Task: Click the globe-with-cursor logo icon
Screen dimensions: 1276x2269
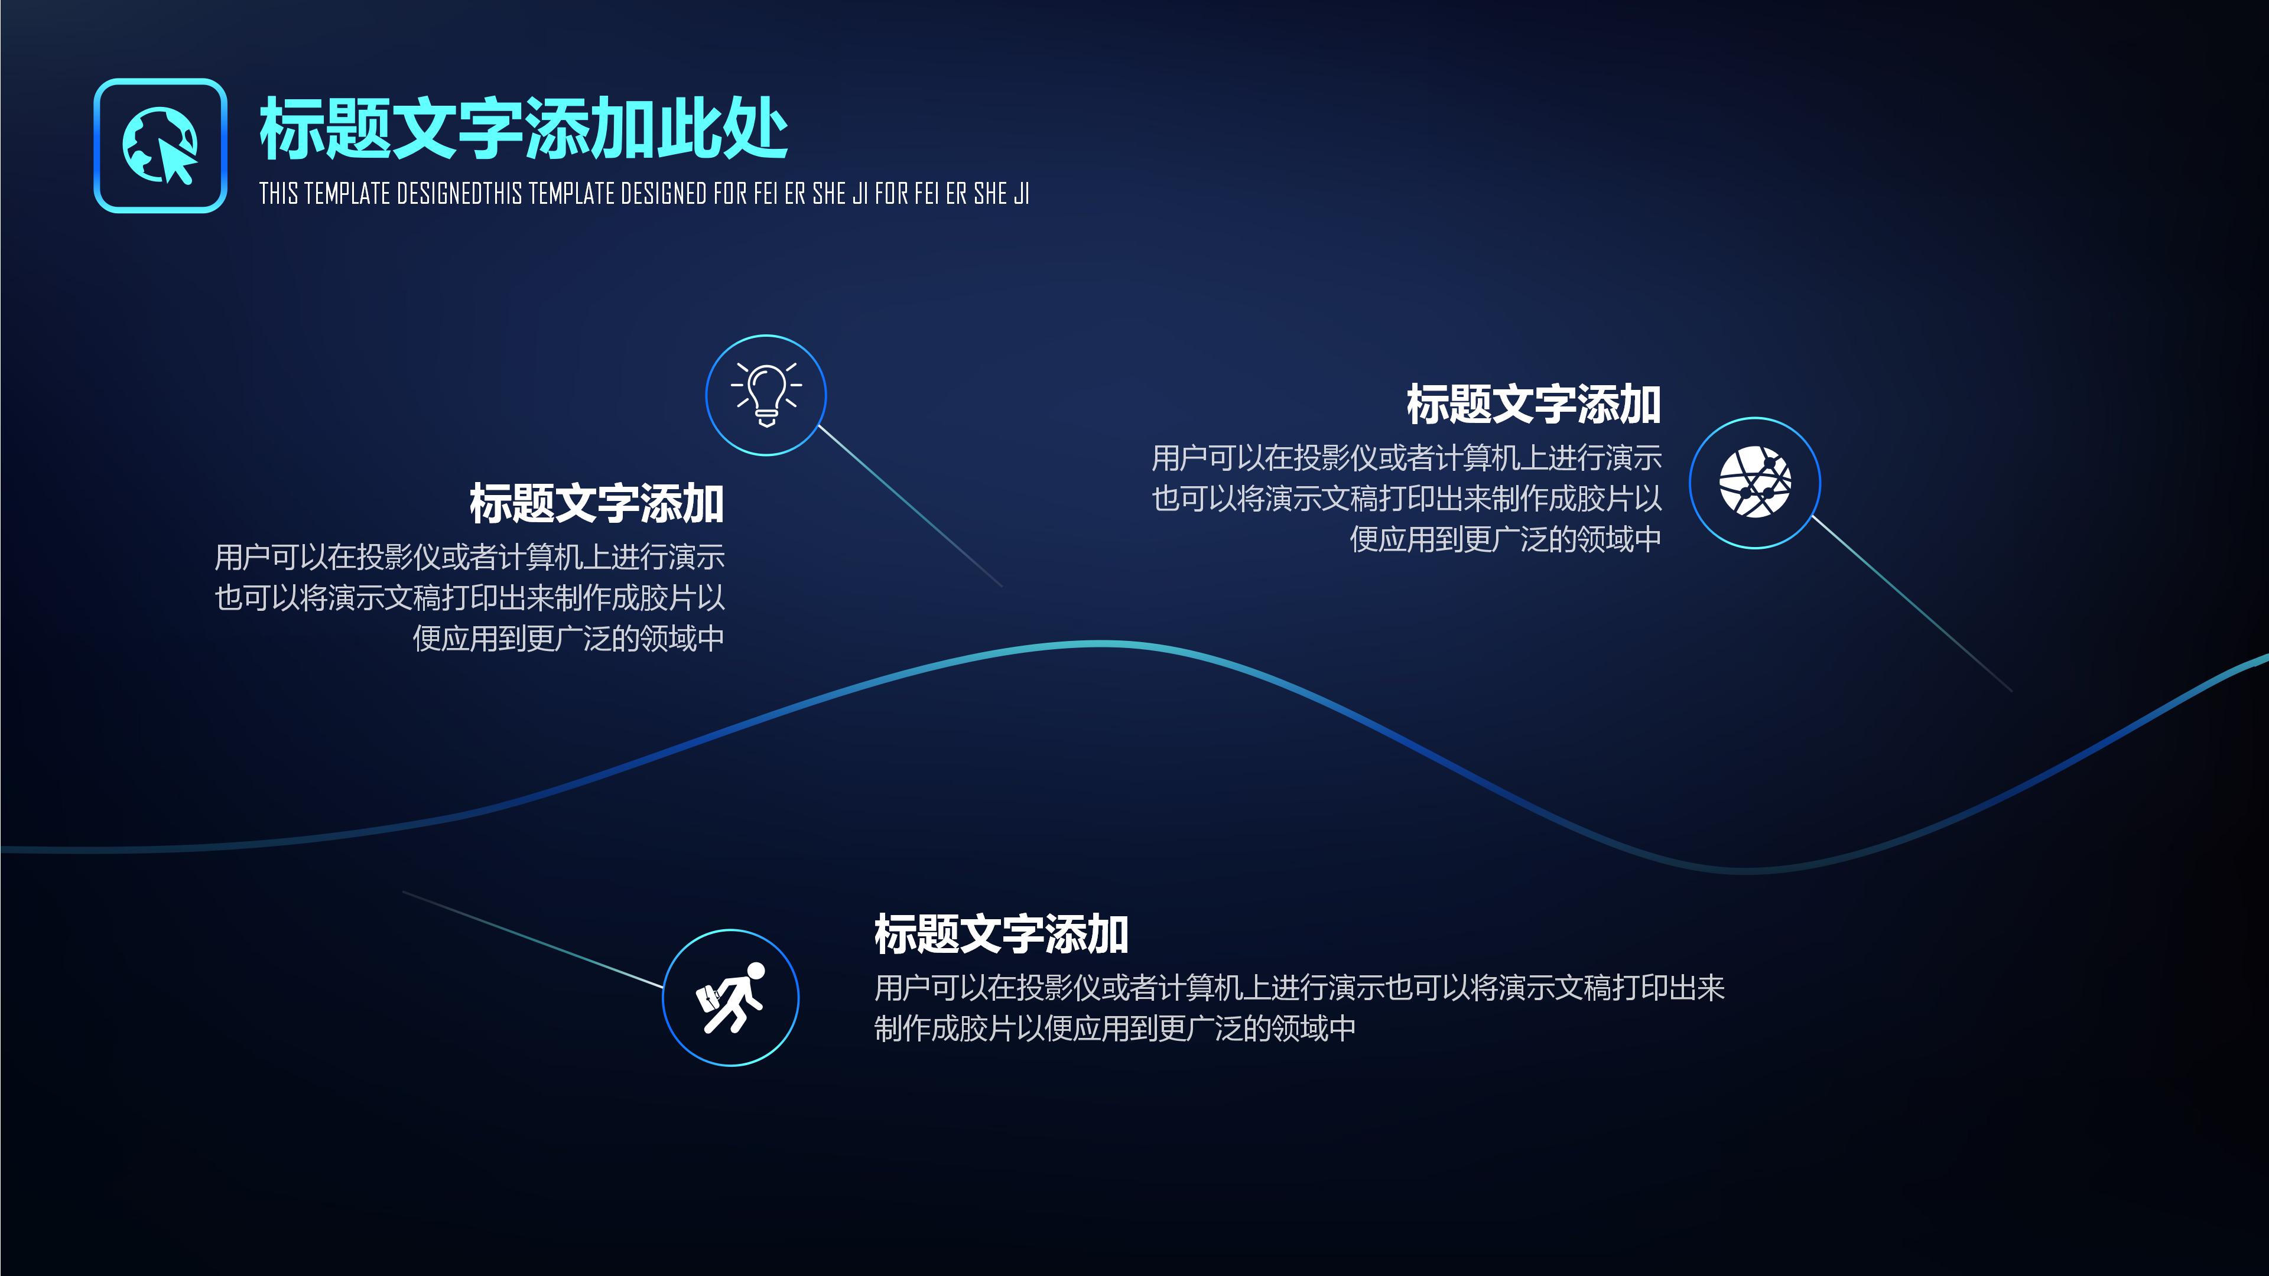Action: click(160, 145)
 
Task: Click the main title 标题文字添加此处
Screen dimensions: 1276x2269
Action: click(523, 129)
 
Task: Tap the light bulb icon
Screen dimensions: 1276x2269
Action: click(765, 395)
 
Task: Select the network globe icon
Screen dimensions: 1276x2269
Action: click(1754, 483)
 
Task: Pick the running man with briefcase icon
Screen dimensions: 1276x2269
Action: click(730, 998)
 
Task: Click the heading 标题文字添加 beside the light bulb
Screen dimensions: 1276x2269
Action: click(596, 504)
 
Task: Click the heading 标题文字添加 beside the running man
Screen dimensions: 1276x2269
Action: click(1000, 935)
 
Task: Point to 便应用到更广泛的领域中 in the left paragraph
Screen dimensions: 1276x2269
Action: click(568, 639)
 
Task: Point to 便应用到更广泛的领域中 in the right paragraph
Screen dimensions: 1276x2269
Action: click(1506, 539)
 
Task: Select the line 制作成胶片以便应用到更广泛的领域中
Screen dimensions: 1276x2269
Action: click(1114, 1028)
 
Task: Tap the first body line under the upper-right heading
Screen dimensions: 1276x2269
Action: click(1407, 458)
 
